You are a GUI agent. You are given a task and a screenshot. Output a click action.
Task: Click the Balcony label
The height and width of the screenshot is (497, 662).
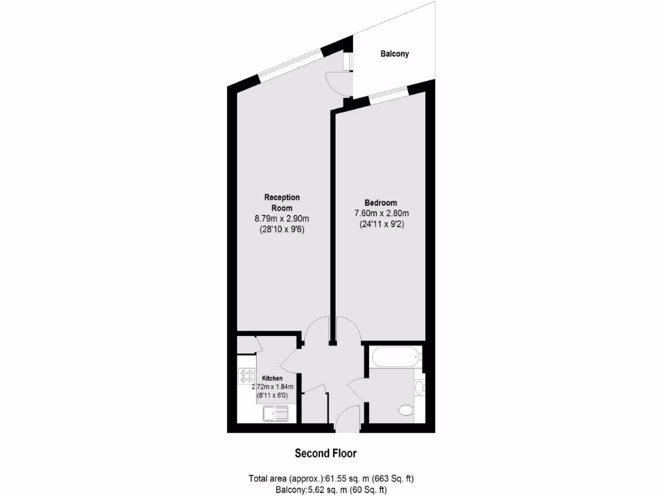(x=394, y=54)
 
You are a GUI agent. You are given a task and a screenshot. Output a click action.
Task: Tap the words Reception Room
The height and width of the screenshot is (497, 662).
(x=281, y=203)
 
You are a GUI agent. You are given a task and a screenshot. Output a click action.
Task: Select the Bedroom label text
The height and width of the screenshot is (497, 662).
(x=381, y=203)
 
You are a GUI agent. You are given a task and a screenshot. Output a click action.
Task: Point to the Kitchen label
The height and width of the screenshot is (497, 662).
(x=272, y=378)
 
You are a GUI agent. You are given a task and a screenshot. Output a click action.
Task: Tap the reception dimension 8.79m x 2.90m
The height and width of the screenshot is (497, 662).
(x=281, y=219)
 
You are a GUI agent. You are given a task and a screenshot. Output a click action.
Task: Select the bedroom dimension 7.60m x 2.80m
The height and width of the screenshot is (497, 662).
(x=381, y=214)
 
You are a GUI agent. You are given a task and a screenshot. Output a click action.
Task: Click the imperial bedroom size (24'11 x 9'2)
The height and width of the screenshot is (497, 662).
(x=381, y=225)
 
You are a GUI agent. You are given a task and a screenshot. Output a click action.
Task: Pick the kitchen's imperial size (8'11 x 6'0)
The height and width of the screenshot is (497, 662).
(x=272, y=395)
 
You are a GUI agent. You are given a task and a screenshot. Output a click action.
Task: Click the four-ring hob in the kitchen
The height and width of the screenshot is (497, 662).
(x=246, y=377)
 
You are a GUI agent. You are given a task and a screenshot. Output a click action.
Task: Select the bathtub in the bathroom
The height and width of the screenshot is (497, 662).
(x=395, y=357)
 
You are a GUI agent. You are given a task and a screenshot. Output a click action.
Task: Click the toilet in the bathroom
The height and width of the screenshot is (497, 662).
(x=406, y=410)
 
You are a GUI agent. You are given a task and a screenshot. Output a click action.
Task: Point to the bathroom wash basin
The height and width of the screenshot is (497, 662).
(x=418, y=387)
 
